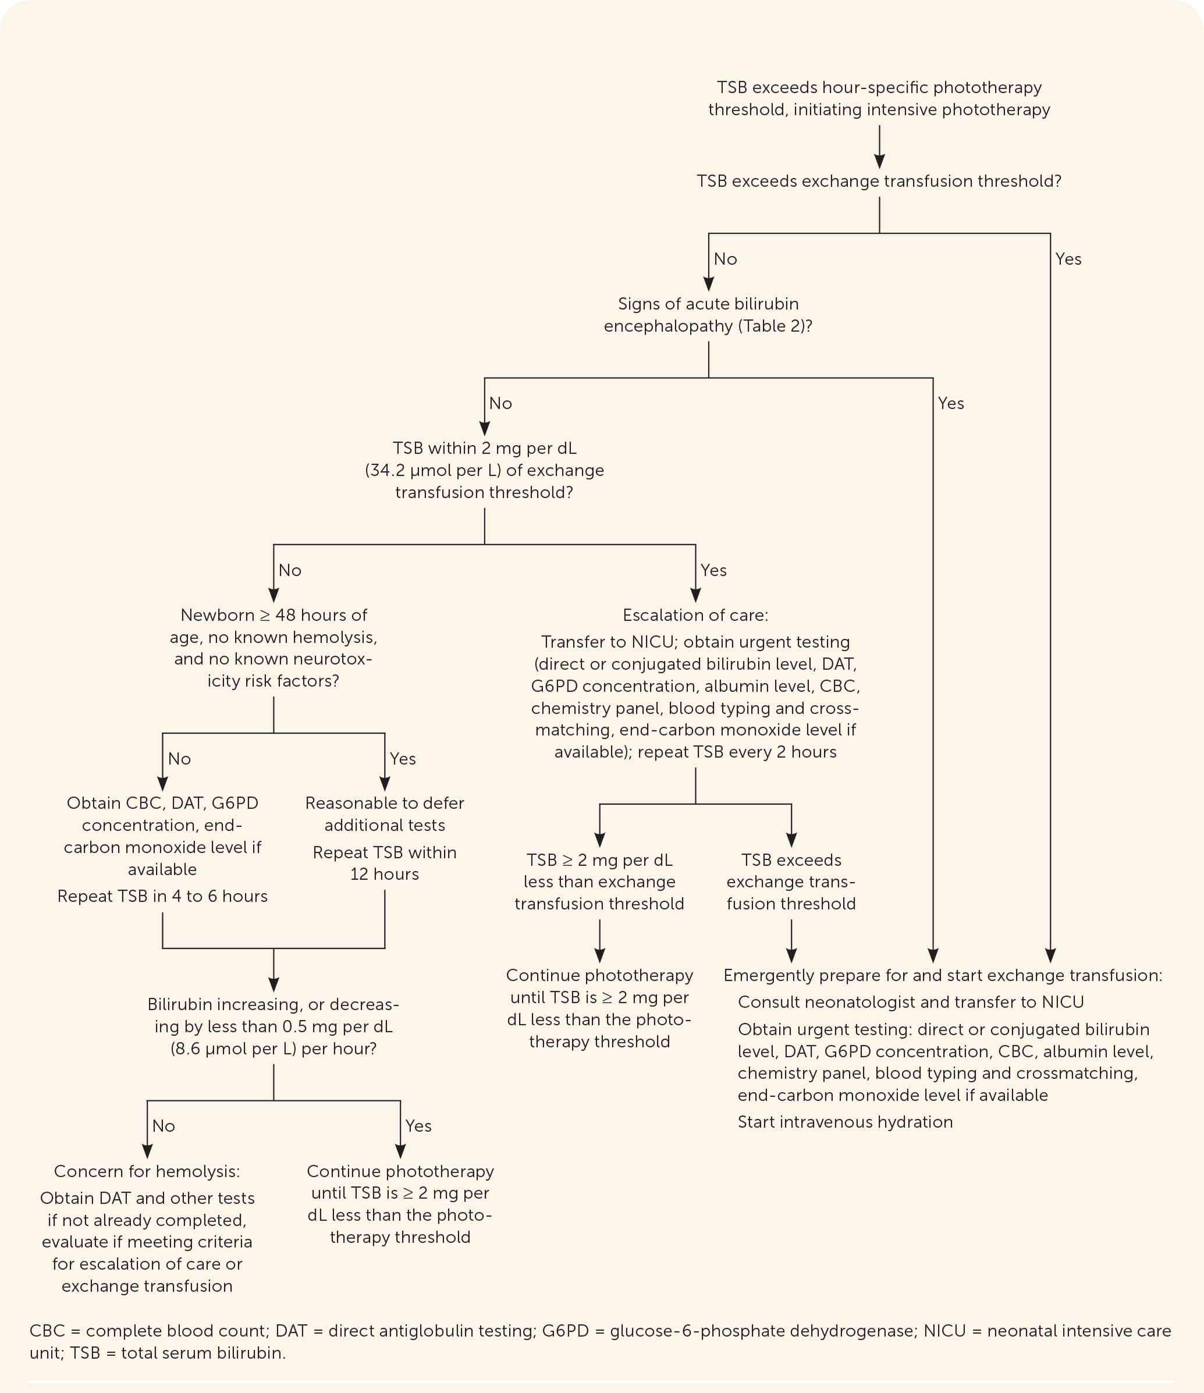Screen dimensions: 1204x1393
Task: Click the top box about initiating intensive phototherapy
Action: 879,98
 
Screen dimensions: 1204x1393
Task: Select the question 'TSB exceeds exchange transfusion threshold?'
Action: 879,181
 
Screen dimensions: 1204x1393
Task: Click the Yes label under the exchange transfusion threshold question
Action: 1068,259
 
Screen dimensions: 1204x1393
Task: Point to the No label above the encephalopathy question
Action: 725,259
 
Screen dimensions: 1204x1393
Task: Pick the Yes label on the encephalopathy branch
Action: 950,403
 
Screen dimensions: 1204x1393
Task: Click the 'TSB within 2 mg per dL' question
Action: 484,470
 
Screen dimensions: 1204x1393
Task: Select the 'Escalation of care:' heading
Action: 695,615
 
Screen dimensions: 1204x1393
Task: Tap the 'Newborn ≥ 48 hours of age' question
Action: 273,648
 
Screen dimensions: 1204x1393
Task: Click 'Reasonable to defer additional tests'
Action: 385,813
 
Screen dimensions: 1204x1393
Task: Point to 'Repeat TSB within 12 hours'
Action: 385,863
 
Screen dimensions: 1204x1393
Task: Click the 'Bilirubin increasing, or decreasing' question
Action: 273,1026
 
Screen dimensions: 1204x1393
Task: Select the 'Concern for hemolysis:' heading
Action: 147,1171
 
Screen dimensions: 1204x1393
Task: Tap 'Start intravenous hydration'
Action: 845,1121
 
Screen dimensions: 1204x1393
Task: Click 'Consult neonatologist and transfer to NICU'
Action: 911,1002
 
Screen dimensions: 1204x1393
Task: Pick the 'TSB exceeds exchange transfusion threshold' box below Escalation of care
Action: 791,882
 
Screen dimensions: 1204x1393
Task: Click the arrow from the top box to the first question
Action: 879,146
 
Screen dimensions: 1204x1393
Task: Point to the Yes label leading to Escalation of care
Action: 713,570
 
